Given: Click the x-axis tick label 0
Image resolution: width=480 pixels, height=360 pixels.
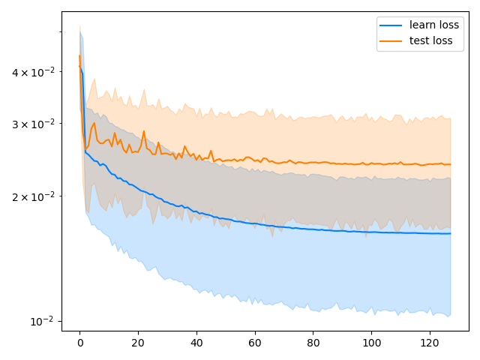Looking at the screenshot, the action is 80,343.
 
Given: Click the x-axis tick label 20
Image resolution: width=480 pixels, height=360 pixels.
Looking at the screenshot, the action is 138,343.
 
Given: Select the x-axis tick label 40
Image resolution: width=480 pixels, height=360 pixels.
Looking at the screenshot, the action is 196,343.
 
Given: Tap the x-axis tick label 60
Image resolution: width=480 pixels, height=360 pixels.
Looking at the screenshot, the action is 255,343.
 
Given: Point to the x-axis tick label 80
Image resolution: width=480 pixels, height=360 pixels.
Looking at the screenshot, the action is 313,343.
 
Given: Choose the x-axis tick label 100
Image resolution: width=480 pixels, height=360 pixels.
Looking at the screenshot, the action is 372,343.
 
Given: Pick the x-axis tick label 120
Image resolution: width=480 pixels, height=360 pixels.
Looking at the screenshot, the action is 430,343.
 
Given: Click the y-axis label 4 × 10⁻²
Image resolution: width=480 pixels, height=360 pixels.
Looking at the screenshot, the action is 33,72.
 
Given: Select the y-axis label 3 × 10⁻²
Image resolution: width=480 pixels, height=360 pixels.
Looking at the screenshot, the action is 33,124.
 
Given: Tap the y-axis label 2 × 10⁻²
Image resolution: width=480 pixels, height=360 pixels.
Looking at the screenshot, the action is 33,196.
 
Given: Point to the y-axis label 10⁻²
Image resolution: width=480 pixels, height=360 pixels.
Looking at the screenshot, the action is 42,321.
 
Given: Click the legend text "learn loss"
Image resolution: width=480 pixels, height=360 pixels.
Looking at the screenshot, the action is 434,25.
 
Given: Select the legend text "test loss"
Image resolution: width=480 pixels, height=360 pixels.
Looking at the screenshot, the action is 431,40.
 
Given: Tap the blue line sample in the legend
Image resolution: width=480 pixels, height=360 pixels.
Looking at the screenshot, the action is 391,25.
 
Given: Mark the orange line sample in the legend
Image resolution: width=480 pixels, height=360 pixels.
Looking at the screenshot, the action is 391,41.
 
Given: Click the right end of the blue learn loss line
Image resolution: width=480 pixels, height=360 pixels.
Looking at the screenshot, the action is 450,233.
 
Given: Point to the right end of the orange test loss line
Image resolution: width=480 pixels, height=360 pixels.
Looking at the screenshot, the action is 450,164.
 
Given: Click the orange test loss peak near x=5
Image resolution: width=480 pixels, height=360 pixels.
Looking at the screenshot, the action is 94,123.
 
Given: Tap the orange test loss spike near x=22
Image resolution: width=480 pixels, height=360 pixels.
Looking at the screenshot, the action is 144,131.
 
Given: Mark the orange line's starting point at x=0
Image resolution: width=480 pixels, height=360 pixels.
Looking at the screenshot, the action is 80,55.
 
